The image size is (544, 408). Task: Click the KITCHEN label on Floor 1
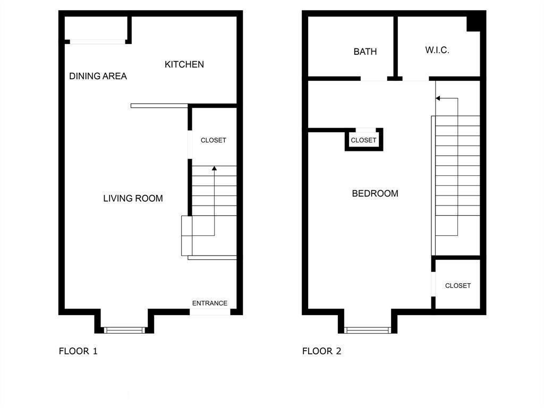(184, 64)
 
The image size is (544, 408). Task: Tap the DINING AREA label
(98, 76)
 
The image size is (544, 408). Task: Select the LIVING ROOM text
(133, 199)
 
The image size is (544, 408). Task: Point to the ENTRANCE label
(210, 303)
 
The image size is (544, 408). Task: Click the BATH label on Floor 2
(365, 52)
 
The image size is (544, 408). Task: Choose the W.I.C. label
(437, 50)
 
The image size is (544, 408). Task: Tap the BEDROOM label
(375, 193)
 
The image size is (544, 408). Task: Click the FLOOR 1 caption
(78, 351)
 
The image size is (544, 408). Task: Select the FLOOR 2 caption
(321, 351)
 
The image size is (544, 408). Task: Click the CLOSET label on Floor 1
(214, 140)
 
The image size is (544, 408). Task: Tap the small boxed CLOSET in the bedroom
(363, 140)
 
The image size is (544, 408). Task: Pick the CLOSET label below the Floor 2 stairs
(458, 285)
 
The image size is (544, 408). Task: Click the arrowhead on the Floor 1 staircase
(215, 168)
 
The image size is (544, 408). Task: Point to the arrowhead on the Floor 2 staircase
(438, 98)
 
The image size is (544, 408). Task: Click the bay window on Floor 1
(124, 330)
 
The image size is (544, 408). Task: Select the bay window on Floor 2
(368, 330)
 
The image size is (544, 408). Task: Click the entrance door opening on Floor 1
(210, 312)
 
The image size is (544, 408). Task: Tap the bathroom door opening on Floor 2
(373, 79)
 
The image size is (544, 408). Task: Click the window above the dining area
(98, 42)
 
